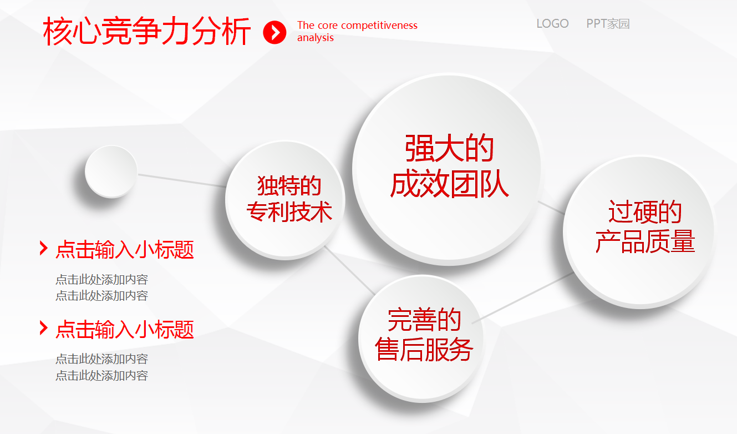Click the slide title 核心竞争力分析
pos(146,31)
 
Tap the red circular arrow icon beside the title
pos(275,32)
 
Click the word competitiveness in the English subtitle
pos(383,26)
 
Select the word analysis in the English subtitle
pos(316,38)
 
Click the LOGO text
pos(552,24)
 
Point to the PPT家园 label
pos(608,24)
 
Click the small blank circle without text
pos(111,171)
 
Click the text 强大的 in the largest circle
pos(449,148)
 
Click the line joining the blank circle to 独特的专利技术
pos(182,180)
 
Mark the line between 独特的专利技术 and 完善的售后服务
pos(349,270)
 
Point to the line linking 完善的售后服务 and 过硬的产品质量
pos(524,297)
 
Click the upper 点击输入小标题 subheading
pos(125,250)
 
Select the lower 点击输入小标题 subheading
pos(125,330)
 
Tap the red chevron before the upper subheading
pos(43,248)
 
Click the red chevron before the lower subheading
pos(43,328)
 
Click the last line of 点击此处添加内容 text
pos(101,376)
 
